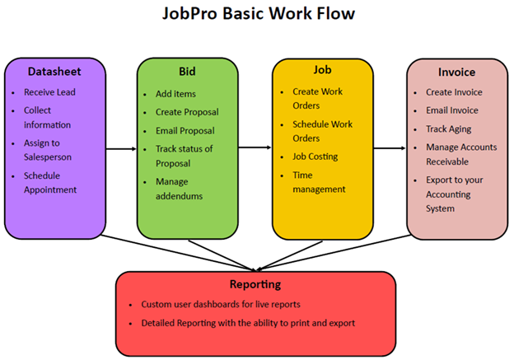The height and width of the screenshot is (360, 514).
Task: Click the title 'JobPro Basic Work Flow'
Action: [x=256, y=16]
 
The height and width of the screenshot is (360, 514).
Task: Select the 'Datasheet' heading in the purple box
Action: [x=54, y=71]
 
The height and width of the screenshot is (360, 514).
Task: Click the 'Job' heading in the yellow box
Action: [x=320, y=72]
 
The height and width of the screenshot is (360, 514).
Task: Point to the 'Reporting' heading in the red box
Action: [x=256, y=284]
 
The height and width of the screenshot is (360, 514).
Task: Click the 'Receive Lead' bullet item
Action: [x=49, y=92]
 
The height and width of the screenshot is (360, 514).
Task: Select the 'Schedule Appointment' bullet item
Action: [x=50, y=181]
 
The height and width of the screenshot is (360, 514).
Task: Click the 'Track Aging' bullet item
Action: [x=449, y=129]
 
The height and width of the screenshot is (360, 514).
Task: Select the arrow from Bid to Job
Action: [x=256, y=149]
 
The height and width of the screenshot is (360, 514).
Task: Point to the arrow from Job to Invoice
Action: [x=390, y=149]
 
